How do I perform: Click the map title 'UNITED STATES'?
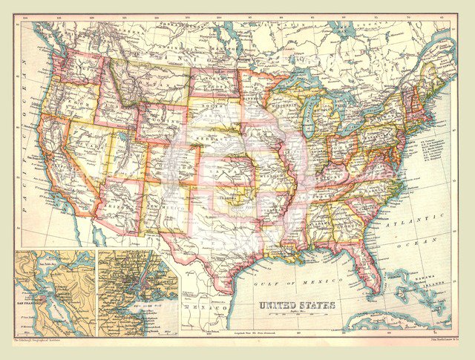coord(297,305)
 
